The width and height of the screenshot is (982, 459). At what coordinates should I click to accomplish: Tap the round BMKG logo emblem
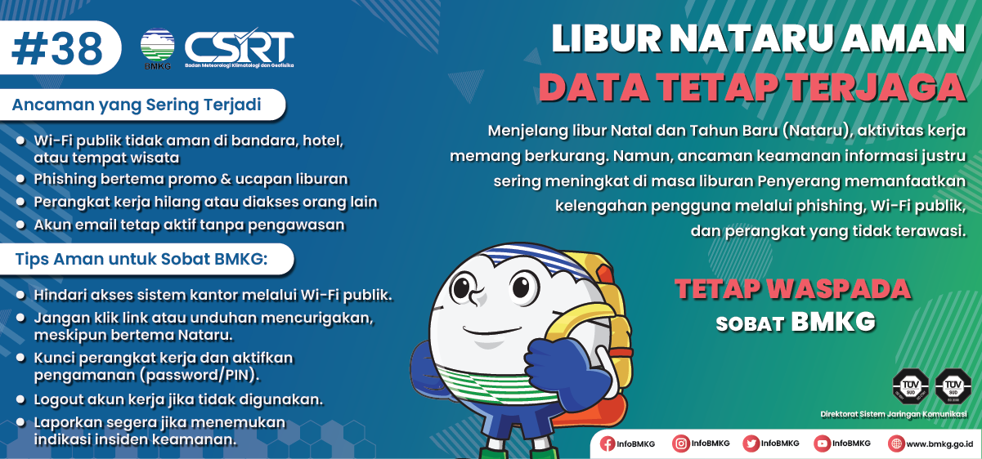pyautogui.click(x=157, y=47)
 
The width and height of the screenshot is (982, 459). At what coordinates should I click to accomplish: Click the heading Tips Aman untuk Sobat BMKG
pyautogui.click(x=141, y=259)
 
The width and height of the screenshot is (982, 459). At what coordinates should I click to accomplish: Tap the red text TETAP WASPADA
pyautogui.click(x=792, y=288)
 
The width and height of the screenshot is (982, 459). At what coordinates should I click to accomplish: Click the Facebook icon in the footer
pyautogui.click(x=608, y=443)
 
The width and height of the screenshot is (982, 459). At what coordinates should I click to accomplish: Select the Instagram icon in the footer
pyautogui.click(x=680, y=443)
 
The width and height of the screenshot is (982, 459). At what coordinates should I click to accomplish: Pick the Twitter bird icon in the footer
pyautogui.click(x=751, y=443)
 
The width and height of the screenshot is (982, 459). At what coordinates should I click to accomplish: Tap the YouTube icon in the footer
pyautogui.click(x=822, y=443)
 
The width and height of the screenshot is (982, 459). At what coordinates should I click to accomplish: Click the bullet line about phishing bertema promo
pyautogui.click(x=191, y=179)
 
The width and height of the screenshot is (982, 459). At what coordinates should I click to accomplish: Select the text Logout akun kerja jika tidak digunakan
pyautogui.click(x=178, y=400)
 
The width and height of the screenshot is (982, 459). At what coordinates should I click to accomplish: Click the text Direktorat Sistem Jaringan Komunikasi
pyautogui.click(x=894, y=414)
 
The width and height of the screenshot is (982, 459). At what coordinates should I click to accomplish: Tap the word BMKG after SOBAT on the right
pyautogui.click(x=832, y=323)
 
